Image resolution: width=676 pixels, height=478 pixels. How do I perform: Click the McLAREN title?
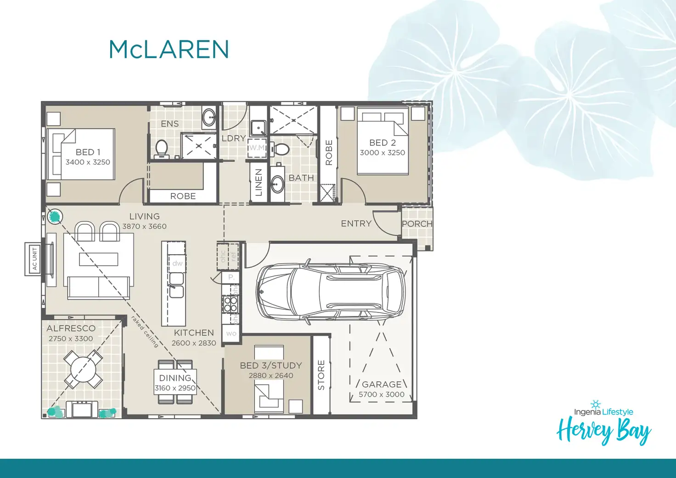[169, 50]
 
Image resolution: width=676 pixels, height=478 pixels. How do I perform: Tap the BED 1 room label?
[88, 152]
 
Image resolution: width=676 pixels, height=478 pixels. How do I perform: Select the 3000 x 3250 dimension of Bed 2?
[382, 153]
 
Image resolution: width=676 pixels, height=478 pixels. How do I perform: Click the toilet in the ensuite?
[162, 148]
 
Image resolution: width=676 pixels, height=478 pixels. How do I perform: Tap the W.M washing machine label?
[257, 148]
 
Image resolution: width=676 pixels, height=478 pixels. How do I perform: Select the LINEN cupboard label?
[259, 182]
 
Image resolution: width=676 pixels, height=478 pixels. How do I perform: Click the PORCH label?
[417, 224]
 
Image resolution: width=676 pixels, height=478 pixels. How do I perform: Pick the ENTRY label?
[356, 223]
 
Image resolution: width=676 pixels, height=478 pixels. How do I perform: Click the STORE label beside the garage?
[321, 375]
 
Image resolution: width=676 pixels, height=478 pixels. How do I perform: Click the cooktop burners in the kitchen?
[230, 304]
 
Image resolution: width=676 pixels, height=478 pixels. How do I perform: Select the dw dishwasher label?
[177, 263]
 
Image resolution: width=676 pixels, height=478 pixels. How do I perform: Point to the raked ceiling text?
[145, 331]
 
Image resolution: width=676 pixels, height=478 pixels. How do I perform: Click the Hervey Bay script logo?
[603, 430]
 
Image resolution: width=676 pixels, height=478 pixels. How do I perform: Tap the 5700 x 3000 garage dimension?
[382, 394]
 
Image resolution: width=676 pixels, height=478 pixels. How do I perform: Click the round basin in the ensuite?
[209, 118]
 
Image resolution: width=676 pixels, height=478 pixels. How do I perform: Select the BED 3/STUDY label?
[271, 365]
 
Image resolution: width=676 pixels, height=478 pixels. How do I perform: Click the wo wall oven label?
[231, 334]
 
